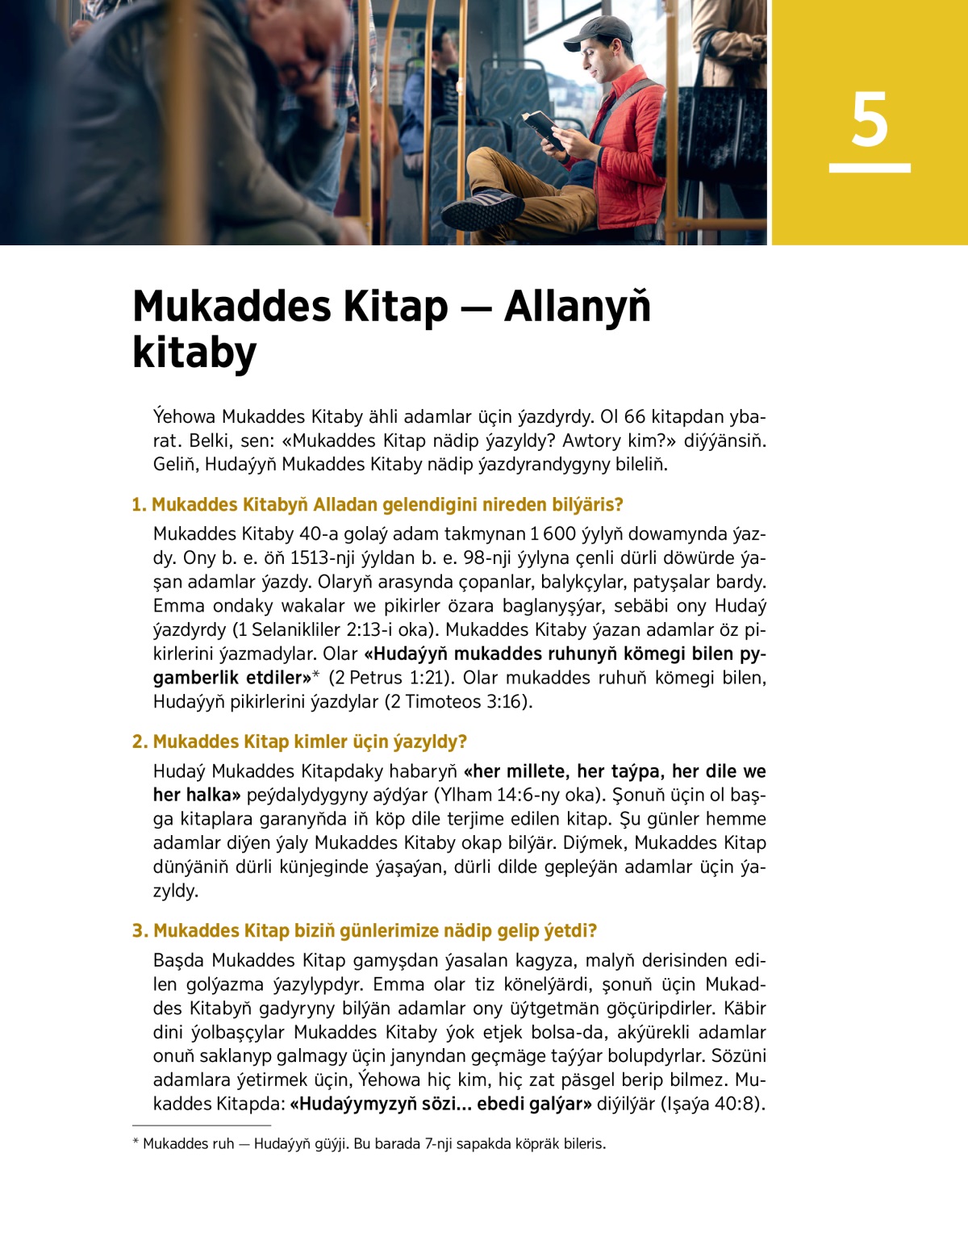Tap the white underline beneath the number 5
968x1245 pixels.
(870, 168)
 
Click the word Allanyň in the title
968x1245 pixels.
(577, 307)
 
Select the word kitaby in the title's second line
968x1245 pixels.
(194, 353)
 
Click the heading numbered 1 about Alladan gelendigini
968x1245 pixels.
(378, 505)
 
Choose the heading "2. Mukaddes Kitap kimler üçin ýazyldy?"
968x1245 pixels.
(299, 742)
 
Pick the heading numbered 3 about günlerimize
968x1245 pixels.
(365, 931)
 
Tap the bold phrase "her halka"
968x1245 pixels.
(196, 796)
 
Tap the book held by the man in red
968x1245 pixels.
(540, 127)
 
